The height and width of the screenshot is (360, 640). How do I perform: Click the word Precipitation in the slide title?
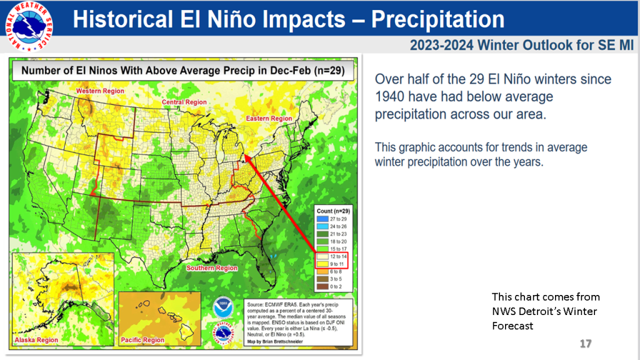[437, 19]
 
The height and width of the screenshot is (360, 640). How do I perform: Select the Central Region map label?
[184, 102]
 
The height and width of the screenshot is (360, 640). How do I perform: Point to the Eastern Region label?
[269, 118]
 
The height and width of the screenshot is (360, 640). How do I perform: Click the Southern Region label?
[212, 267]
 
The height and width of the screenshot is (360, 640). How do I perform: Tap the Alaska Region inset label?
[35, 341]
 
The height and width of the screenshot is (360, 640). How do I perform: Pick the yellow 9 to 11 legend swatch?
[319, 264]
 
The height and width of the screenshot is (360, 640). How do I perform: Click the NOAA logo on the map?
[222, 308]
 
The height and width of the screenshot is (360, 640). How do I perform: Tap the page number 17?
[585, 344]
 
